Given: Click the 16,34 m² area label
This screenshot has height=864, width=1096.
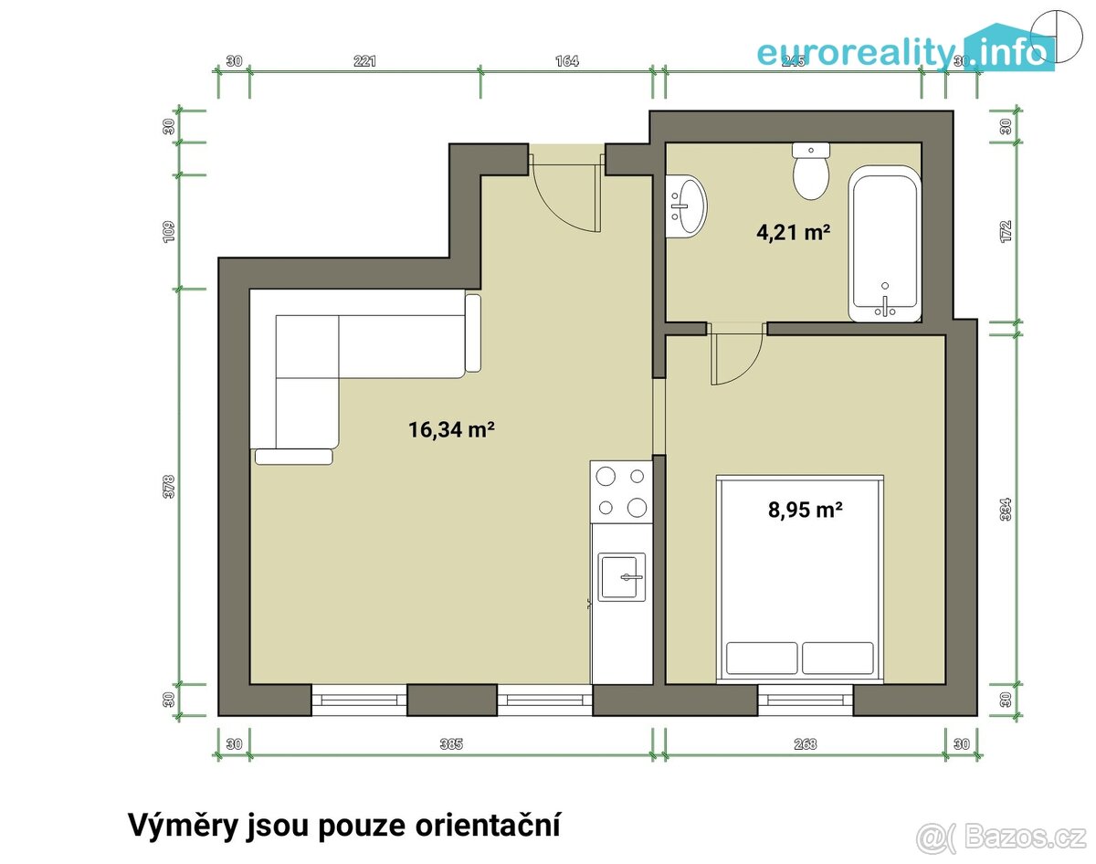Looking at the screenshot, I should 451,429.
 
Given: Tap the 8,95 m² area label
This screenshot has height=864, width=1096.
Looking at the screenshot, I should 804,511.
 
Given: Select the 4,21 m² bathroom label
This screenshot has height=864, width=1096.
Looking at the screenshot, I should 793,233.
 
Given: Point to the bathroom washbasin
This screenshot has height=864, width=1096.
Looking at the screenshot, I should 687,206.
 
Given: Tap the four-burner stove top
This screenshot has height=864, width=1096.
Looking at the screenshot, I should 621,491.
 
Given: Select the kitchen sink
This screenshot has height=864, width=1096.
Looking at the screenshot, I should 622,577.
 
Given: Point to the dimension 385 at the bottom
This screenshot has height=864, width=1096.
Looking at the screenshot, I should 450,743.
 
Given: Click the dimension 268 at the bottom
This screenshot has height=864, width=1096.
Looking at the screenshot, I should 805,743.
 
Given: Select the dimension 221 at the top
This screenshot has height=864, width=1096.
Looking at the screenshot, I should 364,61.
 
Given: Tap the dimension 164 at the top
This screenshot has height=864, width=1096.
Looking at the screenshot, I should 566,61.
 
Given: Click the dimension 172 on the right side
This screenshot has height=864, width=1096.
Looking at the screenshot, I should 1006,231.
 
